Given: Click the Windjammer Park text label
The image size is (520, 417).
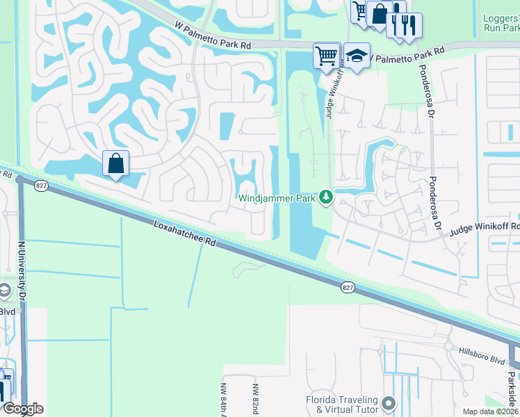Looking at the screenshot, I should tap(278, 199).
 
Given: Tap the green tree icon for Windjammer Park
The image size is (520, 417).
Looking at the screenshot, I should tap(325, 198).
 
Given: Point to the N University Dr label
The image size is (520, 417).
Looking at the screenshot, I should tap(22, 271).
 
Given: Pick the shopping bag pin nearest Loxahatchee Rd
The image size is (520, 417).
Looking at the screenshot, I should tap(116, 164).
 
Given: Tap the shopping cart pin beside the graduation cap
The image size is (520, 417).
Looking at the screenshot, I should tap(326, 55).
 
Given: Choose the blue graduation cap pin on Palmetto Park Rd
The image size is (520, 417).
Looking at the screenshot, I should tap(357, 56).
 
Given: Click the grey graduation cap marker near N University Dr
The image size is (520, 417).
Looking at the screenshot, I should tap(3, 291).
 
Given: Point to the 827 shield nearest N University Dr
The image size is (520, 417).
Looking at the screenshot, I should tap(41, 186).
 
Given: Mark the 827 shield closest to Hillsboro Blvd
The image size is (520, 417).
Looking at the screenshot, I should tap(347, 286).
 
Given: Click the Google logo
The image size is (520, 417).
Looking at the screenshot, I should tap(23, 409).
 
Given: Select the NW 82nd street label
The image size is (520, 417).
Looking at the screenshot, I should tap(256, 400).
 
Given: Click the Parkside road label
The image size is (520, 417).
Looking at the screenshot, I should tap(511, 389).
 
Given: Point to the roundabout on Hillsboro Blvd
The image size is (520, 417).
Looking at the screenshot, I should tap(448, 346).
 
